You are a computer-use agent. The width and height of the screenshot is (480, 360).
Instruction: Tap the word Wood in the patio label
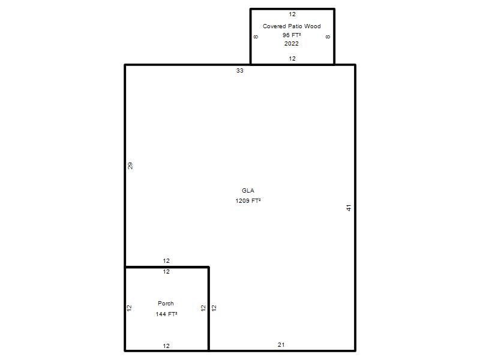(x=312, y=26)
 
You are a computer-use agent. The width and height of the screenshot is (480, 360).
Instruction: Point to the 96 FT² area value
(x=292, y=35)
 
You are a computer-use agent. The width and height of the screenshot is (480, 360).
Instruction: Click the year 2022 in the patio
(x=292, y=43)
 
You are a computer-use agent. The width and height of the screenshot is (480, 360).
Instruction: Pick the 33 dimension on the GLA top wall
(x=239, y=71)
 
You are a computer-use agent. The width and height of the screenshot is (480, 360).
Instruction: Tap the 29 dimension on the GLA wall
(x=130, y=166)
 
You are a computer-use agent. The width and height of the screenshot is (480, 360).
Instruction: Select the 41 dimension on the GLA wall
(x=349, y=208)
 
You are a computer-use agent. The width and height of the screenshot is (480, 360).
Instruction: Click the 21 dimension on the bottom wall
(x=281, y=344)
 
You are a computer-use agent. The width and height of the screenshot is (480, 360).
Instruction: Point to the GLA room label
(x=248, y=190)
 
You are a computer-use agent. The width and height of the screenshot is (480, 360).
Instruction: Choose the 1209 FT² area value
(x=248, y=201)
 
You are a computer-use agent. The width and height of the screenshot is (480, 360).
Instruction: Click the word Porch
(x=166, y=304)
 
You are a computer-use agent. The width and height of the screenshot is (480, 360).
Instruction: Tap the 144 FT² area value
(x=166, y=314)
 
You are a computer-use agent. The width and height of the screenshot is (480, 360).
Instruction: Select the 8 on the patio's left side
(x=256, y=37)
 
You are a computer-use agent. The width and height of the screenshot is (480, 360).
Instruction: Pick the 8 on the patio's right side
(x=328, y=37)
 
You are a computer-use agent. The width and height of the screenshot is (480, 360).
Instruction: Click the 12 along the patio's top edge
(x=292, y=14)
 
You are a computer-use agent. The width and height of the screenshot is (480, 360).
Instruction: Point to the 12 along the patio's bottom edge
(x=292, y=58)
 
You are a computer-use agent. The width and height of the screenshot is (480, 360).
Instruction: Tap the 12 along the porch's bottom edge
(x=166, y=346)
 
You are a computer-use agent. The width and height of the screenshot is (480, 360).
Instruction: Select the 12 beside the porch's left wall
(x=129, y=308)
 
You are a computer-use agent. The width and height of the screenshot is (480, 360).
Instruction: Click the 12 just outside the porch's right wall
(x=214, y=308)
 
